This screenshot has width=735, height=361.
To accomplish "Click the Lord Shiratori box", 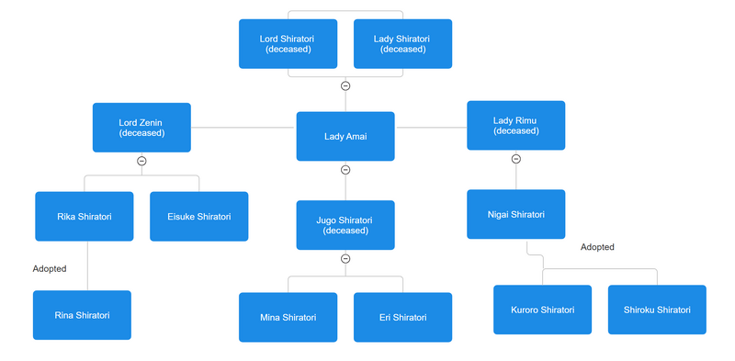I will pos(288,43).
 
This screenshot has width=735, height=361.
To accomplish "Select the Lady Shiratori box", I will pos(402,43).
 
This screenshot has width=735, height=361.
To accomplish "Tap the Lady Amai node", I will pos(345,137).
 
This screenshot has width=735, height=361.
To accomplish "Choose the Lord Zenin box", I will pos(141,127).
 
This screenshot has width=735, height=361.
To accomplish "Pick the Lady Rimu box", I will pos(515,125).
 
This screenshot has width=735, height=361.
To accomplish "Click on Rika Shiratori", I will pos(84,217).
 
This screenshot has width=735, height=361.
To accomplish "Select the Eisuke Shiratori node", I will pos(198,217).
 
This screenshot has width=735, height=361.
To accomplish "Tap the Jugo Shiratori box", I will pos(345,225).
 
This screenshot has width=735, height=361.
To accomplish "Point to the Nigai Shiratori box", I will pos(515,215).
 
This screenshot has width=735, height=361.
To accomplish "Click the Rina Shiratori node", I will pos(82,315).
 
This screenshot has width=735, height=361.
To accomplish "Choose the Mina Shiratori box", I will pos(288,318).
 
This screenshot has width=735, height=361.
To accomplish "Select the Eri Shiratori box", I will pos(402,318).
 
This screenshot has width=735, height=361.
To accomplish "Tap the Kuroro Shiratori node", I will pos(542,310).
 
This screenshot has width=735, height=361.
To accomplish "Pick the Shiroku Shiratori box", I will pos(657,310).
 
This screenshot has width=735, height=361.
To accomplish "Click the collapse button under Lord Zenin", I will pos(141,161).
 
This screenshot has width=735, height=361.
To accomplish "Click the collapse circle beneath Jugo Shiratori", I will pos(345,259).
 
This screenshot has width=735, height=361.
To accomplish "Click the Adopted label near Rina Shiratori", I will pos(49,269).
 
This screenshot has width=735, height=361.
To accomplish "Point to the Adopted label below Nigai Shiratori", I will pos(597,247).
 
